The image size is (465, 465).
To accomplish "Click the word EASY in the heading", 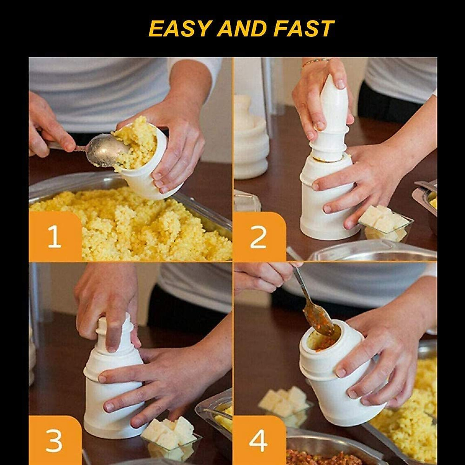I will click(x=180, y=29).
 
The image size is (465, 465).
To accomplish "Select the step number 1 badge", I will click(x=55, y=236).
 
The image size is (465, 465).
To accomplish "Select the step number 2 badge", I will click(x=258, y=236).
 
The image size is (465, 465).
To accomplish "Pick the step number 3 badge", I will click(x=55, y=440).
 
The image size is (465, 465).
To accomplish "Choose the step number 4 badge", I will click(x=258, y=440).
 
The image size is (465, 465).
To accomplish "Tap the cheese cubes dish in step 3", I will click(x=170, y=436).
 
